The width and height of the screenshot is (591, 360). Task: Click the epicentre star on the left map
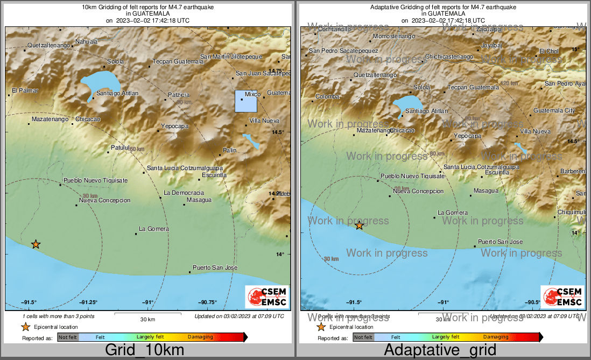(x=36, y=244)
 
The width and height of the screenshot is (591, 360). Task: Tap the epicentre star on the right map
(x=359, y=225)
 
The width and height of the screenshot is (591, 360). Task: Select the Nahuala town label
(x=86, y=41)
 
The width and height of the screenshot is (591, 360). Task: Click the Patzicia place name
(x=179, y=95)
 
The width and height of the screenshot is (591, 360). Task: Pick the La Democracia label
(x=184, y=193)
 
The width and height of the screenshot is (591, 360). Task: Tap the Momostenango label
(x=394, y=36)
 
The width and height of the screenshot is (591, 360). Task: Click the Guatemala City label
(x=554, y=111)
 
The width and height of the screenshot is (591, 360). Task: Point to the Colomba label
(x=327, y=97)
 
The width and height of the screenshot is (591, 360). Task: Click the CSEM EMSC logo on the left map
(x=266, y=297)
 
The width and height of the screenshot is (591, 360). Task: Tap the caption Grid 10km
(x=145, y=350)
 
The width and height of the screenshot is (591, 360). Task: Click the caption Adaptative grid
(x=440, y=350)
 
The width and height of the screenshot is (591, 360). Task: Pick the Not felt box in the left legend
(x=68, y=337)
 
